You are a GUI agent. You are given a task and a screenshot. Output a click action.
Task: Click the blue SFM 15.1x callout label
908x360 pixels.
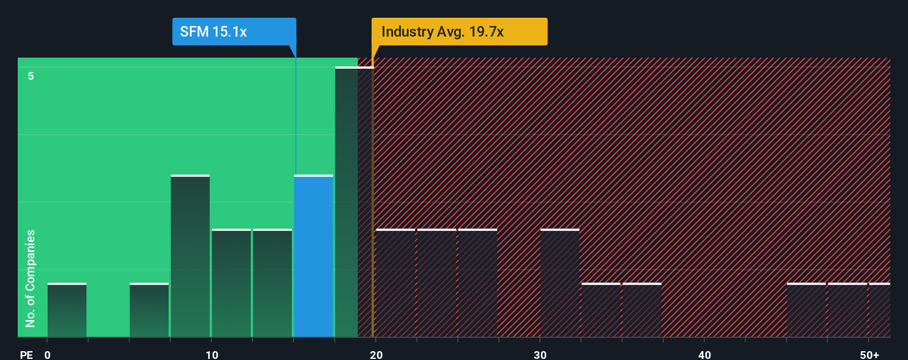234,32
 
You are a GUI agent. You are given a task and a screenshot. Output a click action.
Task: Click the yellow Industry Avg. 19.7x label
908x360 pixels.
459,32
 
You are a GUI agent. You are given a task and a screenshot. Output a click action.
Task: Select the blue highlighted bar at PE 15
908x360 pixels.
313,256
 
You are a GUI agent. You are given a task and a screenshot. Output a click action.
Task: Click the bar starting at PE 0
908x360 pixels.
67,310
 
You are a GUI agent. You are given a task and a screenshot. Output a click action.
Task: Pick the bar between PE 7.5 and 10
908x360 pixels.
190,256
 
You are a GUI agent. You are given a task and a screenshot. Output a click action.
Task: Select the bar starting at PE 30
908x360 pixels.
560,283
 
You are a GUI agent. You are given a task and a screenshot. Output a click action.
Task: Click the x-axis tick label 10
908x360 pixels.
211,354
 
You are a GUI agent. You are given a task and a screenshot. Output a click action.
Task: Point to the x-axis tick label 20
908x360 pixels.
376,354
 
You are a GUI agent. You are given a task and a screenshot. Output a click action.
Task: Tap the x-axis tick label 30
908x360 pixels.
540,354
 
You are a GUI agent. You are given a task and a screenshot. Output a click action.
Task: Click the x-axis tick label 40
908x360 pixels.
704,354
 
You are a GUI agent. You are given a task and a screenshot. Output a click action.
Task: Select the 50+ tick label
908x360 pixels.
869,354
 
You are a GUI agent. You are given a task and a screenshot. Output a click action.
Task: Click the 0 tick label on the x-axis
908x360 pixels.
48,354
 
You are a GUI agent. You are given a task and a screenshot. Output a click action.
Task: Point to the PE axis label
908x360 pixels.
26,354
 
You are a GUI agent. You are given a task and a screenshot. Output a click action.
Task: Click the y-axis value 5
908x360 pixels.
31,76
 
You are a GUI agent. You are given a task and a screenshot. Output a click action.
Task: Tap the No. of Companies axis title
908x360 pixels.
30,278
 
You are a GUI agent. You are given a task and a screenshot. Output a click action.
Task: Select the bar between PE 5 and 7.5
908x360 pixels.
149,310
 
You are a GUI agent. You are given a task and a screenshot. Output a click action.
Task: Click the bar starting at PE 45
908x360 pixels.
806,310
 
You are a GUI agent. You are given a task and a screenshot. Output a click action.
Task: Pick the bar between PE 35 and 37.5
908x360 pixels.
642,310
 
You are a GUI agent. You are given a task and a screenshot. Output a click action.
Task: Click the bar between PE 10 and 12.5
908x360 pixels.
231,283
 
